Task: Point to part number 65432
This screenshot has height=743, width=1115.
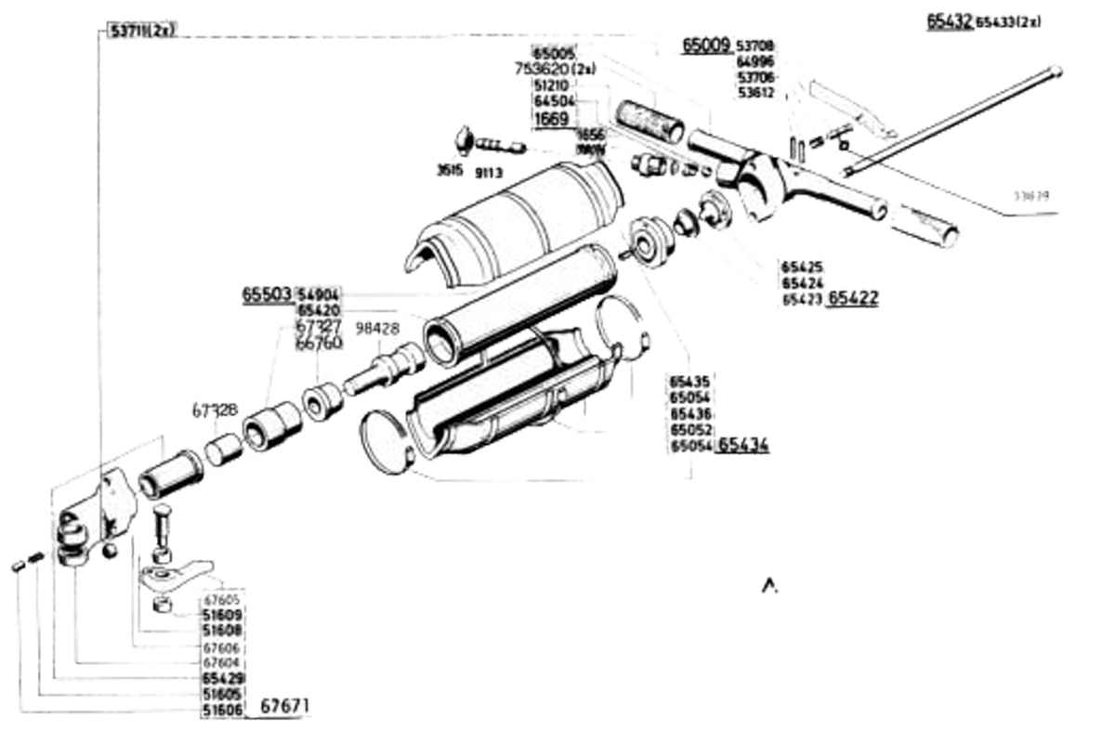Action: coord(949,20)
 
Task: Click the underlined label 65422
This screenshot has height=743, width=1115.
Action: coord(853,298)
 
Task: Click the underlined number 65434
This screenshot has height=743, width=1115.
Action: coord(743,445)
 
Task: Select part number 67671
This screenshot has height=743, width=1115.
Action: coord(284,707)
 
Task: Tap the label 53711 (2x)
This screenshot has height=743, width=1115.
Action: coord(141,31)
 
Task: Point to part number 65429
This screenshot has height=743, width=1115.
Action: coord(222,679)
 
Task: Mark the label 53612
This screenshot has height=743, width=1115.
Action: coord(756,93)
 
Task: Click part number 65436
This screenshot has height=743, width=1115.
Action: coord(690,413)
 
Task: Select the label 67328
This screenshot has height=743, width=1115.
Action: coord(216,409)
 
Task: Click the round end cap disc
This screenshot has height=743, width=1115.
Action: coord(387,442)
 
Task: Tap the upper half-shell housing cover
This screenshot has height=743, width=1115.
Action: coord(516,218)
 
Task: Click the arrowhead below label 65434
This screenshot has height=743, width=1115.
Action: coord(768,581)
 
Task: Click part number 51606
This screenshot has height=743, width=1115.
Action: coord(222,710)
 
